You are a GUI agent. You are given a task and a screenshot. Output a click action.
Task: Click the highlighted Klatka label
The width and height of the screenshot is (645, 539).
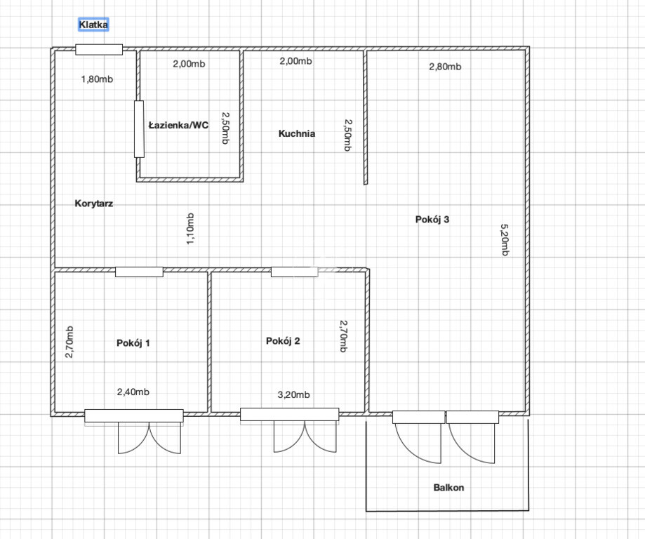point(93,25)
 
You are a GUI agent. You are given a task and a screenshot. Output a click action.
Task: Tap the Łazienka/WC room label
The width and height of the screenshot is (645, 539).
point(178,125)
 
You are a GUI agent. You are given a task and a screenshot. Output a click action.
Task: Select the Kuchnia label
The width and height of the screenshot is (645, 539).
point(297,133)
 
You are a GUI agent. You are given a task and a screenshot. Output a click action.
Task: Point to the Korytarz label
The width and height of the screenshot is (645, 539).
point(94,204)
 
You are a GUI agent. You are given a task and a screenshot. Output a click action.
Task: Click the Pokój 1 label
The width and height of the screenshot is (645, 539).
point(133,342)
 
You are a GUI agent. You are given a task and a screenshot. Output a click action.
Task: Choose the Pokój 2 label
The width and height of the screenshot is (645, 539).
point(283,340)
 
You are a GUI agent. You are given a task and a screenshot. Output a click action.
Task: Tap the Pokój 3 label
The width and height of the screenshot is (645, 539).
point(432,219)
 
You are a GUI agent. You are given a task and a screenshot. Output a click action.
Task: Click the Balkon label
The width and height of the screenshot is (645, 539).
point(448,488)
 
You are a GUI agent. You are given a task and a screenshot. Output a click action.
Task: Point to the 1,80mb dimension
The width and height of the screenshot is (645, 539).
point(97,79)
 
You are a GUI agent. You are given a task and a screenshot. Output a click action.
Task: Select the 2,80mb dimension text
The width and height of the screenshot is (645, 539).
point(445,67)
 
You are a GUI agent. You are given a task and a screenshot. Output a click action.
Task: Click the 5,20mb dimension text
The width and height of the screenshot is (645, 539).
point(505,240)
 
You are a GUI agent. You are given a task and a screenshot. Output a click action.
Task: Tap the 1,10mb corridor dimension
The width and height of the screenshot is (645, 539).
point(190,229)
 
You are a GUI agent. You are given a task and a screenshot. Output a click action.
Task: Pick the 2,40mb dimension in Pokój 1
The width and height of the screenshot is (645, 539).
point(133,392)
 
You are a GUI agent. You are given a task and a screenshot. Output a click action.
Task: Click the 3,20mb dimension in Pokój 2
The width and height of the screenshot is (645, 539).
point(293,394)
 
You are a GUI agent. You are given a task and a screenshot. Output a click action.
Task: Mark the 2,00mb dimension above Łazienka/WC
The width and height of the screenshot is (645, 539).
point(189,64)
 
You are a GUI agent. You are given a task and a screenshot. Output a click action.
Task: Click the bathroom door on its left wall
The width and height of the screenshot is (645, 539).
point(139,128)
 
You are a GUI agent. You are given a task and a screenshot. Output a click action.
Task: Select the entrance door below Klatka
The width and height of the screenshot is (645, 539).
point(99,49)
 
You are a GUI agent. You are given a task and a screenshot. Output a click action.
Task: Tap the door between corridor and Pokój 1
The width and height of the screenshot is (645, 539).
point(139,272)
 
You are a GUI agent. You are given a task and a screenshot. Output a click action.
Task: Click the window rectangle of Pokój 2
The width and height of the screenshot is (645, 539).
point(290,414)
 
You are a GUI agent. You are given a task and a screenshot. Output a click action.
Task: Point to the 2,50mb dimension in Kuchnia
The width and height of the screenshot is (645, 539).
point(348,135)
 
